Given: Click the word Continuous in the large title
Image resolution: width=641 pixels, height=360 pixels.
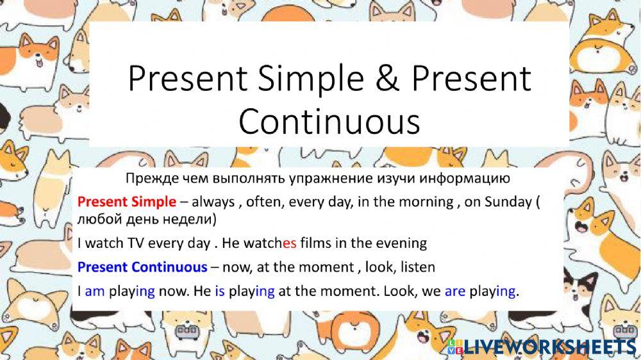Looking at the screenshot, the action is [329, 121].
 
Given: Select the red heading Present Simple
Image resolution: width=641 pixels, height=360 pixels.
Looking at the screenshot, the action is [127, 201].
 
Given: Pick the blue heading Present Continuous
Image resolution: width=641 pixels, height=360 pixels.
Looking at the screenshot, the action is [142, 267].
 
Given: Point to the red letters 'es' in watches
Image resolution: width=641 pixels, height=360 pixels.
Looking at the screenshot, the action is [289, 243].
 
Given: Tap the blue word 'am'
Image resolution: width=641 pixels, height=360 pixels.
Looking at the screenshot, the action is [94, 291].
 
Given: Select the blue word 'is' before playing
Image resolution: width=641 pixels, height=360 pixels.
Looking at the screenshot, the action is [220, 291].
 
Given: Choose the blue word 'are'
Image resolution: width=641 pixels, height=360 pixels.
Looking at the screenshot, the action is [455, 291].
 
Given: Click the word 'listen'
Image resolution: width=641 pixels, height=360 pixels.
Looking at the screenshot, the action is [418, 267].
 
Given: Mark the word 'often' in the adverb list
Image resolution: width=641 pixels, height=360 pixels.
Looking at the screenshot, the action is [258, 202].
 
